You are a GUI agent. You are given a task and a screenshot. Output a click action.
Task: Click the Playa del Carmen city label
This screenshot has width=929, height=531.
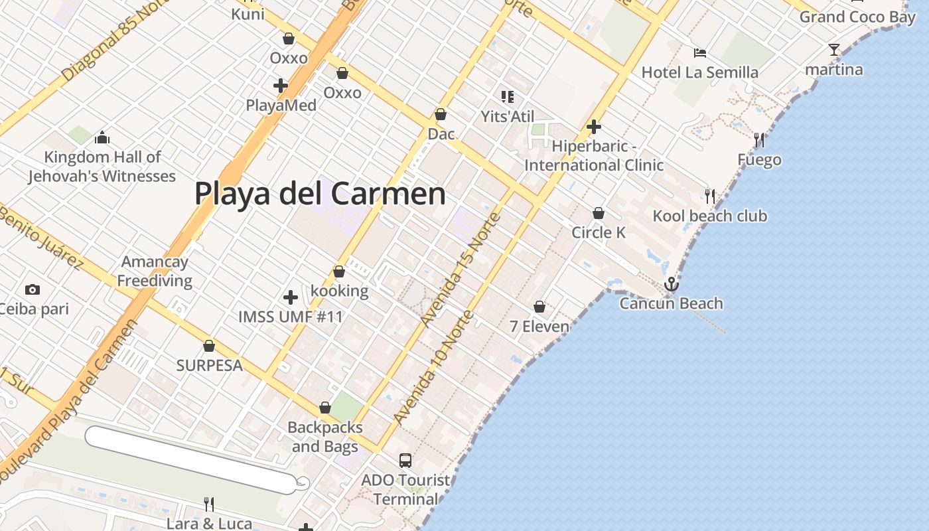click(320, 194)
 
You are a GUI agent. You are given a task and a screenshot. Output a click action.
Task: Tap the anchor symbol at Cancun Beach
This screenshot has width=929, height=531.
click(672, 285)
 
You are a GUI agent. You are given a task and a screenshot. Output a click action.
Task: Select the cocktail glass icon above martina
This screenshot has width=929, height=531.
click(834, 50)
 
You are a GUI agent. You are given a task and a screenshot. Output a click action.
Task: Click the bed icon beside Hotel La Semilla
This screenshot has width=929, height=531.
click(699, 53)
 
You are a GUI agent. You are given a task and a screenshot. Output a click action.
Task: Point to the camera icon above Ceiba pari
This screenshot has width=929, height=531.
click(32, 289)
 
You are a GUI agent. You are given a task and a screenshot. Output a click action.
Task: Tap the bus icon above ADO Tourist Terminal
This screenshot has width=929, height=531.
click(405, 460)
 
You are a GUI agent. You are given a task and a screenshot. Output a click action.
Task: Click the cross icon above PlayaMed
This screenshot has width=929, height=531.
click(281, 86)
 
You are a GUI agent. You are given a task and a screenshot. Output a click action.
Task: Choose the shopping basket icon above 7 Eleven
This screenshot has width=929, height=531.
click(539, 307)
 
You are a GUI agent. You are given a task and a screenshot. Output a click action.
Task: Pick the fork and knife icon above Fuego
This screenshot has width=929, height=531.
click(759, 140)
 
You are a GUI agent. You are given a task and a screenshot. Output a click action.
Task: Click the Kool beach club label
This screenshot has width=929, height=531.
click(709, 216)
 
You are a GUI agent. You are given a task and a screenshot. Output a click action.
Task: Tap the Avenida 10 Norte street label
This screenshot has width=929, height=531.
click(433, 367)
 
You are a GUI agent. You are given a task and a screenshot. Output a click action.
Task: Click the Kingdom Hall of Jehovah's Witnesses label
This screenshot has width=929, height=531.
click(102, 167)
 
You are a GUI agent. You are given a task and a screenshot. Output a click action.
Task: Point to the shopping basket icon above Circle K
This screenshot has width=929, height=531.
click(599, 213)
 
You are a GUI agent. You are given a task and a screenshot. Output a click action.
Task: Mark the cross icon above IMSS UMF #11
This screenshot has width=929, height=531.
click(290, 297)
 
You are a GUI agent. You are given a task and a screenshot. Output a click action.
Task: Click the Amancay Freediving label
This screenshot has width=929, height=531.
click(155, 271)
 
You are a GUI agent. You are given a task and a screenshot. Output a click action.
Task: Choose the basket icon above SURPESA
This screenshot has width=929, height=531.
click(209, 346)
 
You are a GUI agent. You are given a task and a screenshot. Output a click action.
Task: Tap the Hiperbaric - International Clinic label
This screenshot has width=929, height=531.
click(594, 155)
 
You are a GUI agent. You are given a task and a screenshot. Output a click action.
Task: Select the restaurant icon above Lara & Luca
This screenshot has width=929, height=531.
click(208, 504)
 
